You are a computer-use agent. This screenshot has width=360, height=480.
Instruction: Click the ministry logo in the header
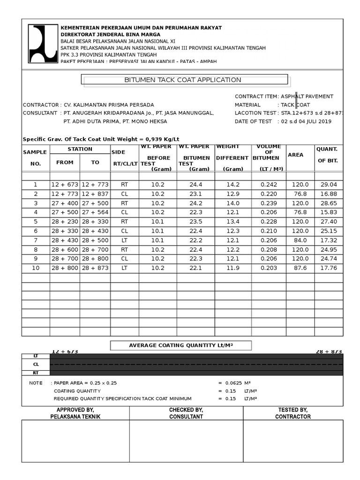coord(43,44)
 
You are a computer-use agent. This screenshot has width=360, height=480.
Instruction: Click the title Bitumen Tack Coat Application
coord(182,80)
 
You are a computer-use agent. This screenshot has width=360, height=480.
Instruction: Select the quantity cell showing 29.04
coord(328,185)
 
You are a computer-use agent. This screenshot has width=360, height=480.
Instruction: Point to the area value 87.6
coord(300,268)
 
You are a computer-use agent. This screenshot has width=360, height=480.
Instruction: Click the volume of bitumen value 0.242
coord(269,185)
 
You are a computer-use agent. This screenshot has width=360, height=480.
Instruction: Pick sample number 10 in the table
coord(35,268)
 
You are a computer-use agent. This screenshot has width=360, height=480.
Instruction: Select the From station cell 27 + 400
coord(65,203)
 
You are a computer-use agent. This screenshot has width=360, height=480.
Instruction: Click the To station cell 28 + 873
coord(95,268)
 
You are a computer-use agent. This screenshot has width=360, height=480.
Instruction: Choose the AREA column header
coord(295,155)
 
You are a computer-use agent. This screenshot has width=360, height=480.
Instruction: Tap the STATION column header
coord(80,149)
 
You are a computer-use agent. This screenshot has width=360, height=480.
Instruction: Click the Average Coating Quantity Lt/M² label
coord(181,345)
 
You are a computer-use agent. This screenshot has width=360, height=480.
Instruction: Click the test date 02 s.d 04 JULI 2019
coord(306,121)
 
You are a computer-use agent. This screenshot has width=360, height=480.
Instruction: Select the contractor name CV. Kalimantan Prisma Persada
coord(108,105)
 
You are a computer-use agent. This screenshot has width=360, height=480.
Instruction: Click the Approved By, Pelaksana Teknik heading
coord(75,413)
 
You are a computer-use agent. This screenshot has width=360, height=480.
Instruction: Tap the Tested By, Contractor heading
coord(292,413)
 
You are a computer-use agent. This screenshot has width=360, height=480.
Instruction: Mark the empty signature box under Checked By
coord(186,441)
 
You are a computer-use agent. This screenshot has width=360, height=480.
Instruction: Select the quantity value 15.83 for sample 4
coord(328,212)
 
